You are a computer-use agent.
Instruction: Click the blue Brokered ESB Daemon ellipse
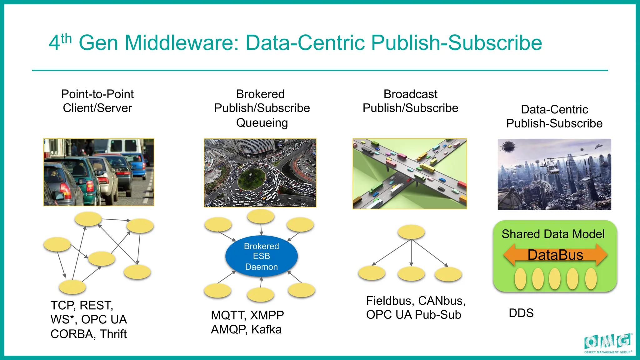261,256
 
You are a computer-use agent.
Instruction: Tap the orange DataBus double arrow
555,255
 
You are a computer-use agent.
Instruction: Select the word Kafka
266,330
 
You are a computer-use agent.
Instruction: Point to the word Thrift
113,334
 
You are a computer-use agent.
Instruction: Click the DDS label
521,313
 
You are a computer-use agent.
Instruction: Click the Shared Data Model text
553,234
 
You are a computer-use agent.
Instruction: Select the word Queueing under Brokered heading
262,123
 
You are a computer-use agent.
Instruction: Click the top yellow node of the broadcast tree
411,232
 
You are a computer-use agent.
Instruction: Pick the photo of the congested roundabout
260,173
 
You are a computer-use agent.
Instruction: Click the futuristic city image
554,174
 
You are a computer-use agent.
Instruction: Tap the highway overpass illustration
409,174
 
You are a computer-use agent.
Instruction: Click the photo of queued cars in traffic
98,172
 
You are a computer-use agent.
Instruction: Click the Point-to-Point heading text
97,94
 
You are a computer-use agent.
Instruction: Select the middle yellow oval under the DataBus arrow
555,279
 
